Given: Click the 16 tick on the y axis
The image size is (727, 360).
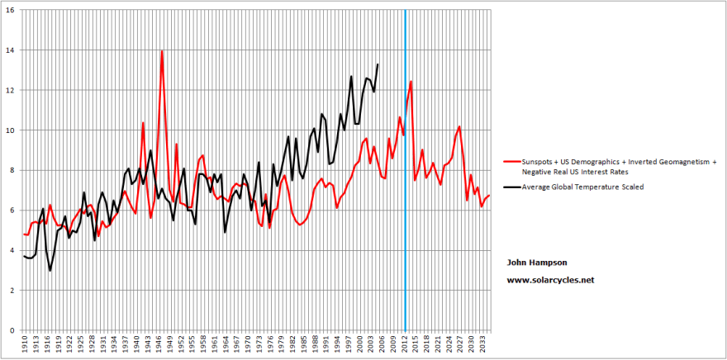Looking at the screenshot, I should coord(11,10).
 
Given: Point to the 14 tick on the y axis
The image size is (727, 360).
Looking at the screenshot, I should coord(11,50).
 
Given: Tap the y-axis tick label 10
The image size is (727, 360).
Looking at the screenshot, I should coord(11,130).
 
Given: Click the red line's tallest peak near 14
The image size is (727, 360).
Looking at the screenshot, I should coord(162,51).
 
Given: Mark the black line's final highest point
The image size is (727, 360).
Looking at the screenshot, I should coord(378,64).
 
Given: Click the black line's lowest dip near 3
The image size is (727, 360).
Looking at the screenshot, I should coord(50,270).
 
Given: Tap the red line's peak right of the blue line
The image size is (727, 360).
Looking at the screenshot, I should coord(411,81).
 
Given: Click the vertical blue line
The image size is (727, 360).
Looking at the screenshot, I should coord(406,206).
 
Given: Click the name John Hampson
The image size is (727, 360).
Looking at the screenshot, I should coord(536,262).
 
